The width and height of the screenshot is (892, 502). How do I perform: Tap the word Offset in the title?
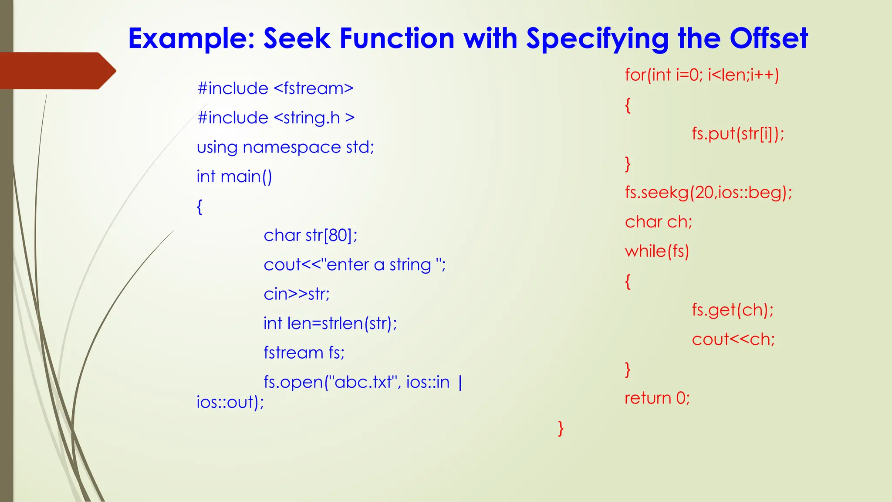click(x=769, y=38)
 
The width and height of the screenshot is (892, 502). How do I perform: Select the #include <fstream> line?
click(x=275, y=88)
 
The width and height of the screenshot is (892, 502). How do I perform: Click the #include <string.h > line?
click(x=276, y=118)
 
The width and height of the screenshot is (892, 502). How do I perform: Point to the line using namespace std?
click(x=285, y=147)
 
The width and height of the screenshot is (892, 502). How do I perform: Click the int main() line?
click(x=234, y=176)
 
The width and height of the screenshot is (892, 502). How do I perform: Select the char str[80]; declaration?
click(x=311, y=235)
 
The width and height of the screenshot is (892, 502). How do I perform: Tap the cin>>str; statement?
click(x=297, y=294)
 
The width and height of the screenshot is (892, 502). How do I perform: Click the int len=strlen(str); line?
click(x=330, y=323)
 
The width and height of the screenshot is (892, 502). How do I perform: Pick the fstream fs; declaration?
click(x=304, y=353)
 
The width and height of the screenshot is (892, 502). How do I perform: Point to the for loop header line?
click(x=702, y=75)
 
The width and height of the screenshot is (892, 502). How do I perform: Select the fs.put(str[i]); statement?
click(x=738, y=134)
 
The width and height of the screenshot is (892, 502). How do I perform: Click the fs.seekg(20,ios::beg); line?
click(x=708, y=192)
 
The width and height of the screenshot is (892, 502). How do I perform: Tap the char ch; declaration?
click(x=659, y=222)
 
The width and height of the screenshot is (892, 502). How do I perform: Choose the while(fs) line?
click(x=657, y=251)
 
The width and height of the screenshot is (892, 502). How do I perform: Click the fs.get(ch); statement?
click(x=733, y=310)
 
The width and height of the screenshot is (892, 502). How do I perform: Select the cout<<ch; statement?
click(x=733, y=339)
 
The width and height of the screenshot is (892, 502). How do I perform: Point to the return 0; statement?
click(x=657, y=398)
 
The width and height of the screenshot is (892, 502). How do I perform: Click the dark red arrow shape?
click(x=57, y=71)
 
